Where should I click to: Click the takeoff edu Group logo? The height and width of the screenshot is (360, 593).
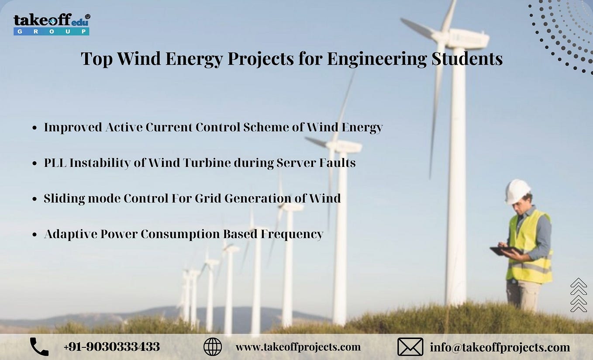point(52,24)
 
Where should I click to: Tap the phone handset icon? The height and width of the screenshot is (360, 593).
point(39,347)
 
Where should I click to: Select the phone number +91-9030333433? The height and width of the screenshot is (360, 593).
point(111,347)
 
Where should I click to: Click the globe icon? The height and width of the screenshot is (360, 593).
point(213,347)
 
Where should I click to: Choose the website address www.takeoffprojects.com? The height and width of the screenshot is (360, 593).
point(298,347)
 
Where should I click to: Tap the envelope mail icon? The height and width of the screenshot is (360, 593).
point(410,347)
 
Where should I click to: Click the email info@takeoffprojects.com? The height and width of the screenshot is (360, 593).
point(500,347)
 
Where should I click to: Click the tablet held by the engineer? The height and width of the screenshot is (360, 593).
point(505,251)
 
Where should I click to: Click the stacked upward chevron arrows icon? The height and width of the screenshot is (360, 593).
point(579,295)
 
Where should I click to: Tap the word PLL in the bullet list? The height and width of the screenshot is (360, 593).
point(55,163)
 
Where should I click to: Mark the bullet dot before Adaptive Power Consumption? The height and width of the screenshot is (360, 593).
point(34,235)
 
